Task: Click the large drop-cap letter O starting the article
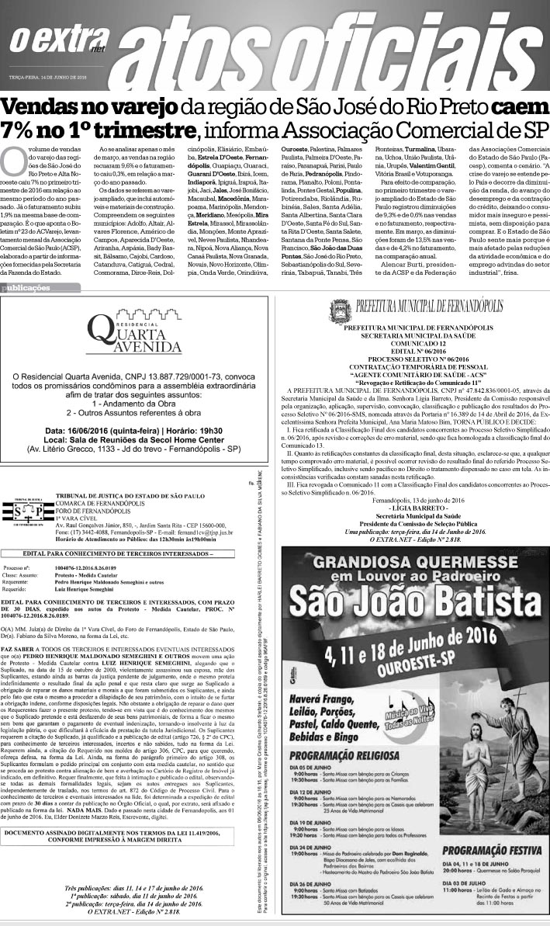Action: click(x=13, y=160)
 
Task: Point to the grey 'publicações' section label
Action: click(x=28, y=287)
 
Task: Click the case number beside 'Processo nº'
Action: click(x=80, y=546)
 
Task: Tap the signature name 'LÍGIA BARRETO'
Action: click(x=411, y=506)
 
